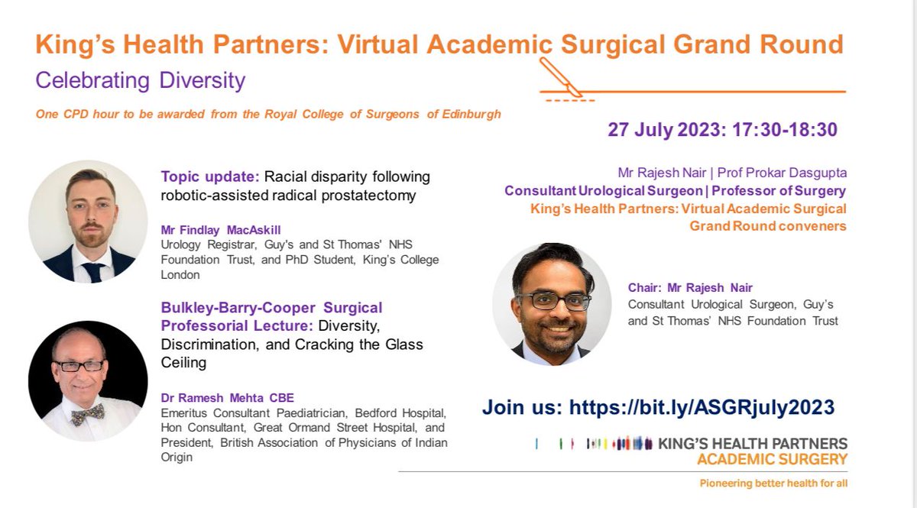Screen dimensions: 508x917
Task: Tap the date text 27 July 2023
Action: (x=663, y=129)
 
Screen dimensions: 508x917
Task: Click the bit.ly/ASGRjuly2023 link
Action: (x=702, y=407)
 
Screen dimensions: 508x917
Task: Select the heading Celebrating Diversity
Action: (x=141, y=80)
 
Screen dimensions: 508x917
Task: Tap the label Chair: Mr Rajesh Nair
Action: (x=690, y=288)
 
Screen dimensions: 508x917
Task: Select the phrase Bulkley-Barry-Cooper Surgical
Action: (x=271, y=308)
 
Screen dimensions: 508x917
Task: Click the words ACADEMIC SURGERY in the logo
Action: (x=772, y=459)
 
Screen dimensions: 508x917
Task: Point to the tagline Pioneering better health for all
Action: (x=773, y=484)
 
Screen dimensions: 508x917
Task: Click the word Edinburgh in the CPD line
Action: (x=474, y=115)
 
